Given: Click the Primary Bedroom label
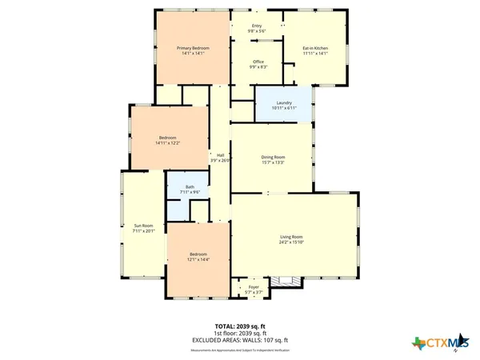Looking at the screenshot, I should pyautogui.click(x=193, y=48).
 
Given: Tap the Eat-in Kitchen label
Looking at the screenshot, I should pyautogui.click(x=315, y=48).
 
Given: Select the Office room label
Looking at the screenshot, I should pyautogui.click(x=258, y=62).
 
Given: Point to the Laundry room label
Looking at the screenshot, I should pyautogui.click(x=283, y=102).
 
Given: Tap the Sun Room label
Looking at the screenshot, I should pyautogui.click(x=137, y=227).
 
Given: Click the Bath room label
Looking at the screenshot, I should pyautogui.click(x=177, y=188).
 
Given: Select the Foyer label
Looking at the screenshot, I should pyautogui.click(x=254, y=286).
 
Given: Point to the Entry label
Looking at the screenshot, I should pyautogui.click(x=257, y=26).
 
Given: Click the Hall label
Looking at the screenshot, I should pyautogui.click(x=220, y=155).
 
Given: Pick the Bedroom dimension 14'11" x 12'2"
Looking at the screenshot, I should pyautogui.click(x=167, y=144).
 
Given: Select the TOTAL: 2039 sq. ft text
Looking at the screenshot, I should pyautogui.click(x=240, y=326).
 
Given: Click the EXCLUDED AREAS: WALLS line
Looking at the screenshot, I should pyautogui.click(x=240, y=340).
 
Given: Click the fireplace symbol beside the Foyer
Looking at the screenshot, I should pyautogui.click(x=285, y=281).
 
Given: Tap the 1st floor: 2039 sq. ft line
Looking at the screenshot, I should pyautogui.click(x=240, y=334).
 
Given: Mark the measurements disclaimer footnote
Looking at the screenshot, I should pyautogui.click(x=240, y=349).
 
